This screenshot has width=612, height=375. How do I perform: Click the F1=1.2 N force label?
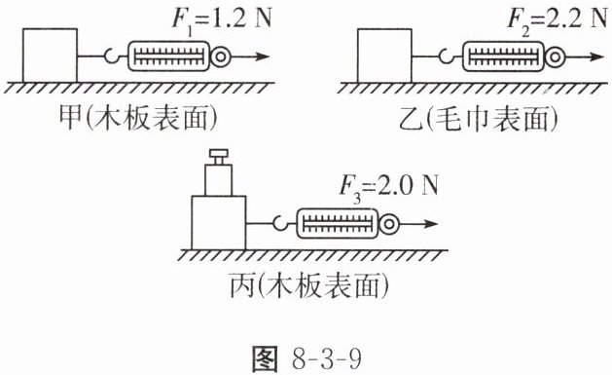pyautogui.click(x=222, y=19)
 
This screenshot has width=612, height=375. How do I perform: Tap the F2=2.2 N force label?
pyautogui.click(x=557, y=19)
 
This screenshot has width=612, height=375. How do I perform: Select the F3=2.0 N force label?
pyautogui.click(x=388, y=187)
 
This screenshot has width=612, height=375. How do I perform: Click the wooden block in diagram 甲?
pyautogui.click(x=50, y=56)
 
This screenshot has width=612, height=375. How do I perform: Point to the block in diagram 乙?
pyautogui.click(x=384, y=56)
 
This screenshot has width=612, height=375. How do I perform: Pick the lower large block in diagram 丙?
pyautogui.click(x=219, y=223)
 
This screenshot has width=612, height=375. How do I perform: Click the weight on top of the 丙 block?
pyautogui.click(x=219, y=180)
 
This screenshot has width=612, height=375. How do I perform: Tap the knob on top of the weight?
pyautogui.click(x=219, y=157)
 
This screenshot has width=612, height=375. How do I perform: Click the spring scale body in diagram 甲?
pyautogui.click(x=168, y=56)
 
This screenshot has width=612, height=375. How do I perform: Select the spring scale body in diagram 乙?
pyautogui.click(x=503, y=56)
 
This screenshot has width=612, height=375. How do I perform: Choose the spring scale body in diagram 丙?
pyautogui.click(x=338, y=223)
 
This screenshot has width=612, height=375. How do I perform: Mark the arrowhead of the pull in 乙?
pyautogui.click(x=598, y=56)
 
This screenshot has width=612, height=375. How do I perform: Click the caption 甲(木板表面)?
pyautogui.click(x=137, y=118)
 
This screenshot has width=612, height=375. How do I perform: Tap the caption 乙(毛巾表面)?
pyautogui.click(x=479, y=118)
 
